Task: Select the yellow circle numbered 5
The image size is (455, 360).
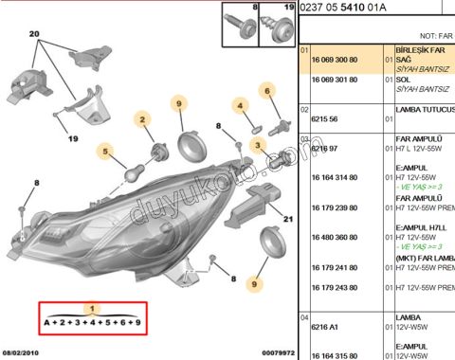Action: coord(106,150)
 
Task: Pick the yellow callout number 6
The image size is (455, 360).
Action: coord(268,91)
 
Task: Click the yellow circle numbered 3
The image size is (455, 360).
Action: coord(257,145)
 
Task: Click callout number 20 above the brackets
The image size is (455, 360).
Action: coord(35,32)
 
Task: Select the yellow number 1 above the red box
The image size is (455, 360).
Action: coord(91,309)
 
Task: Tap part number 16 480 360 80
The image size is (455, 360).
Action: coord(332,239)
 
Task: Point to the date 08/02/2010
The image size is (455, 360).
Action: coord(23,352)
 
